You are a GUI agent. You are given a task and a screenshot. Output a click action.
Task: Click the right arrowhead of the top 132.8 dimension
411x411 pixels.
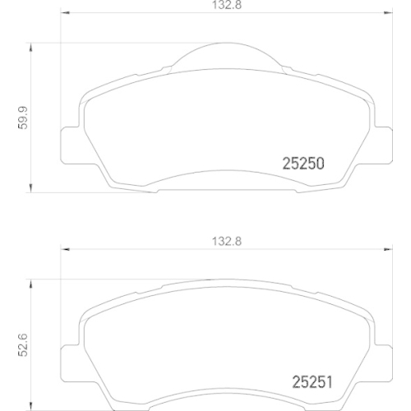[x=389, y=15]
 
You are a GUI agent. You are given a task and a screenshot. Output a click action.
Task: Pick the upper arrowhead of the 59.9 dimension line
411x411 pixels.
[x=31, y=48]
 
